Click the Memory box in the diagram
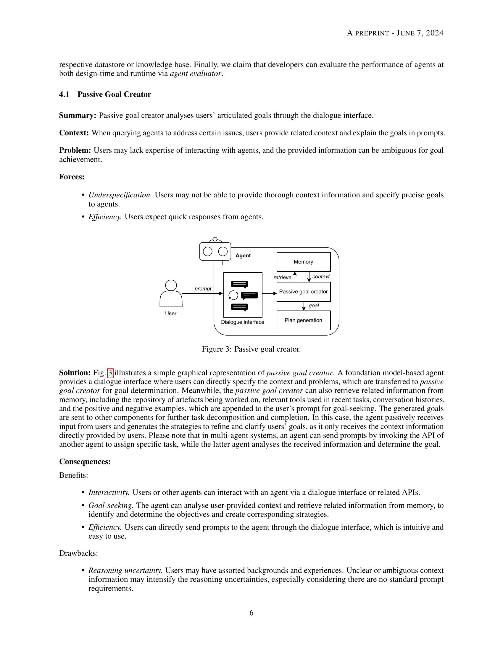[303, 261]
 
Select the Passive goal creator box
[303, 292]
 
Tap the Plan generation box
[303, 320]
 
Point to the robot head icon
[215, 251]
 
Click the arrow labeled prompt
[203, 293]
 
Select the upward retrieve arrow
[295, 277]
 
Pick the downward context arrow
[309, 277]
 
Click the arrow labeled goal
[304, 306]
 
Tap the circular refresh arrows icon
[233, 295]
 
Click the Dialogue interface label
[243, 322]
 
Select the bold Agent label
[243, 256]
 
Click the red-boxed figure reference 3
[110, 373]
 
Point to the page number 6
[251, 613]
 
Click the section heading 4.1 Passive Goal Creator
[105, 94]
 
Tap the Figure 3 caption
[251, 349]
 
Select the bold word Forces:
[72, 177]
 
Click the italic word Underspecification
[120, 195]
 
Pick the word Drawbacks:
[78, 553]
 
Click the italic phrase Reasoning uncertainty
[125, 570]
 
